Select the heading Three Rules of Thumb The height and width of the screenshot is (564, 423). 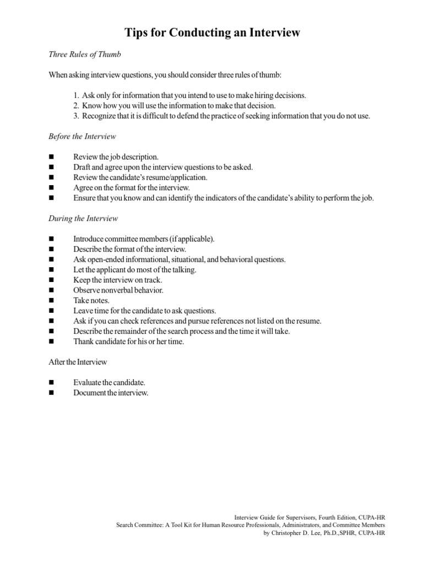click(x=84, y=55)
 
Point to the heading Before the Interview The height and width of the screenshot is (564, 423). click(x=82, y=136)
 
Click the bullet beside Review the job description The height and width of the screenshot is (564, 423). click(x=52, y=157)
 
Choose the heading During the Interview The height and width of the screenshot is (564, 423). click(x=83, y=218)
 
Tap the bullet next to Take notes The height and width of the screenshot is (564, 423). click(x=52, y=301)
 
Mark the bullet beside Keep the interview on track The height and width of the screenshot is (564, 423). click(x=52, y=280)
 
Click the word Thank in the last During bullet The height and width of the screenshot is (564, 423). click(x=83, y=341)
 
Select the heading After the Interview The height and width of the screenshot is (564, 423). click(x=78, y=362)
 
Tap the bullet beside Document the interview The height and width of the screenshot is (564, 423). click(x=52, y=393)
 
